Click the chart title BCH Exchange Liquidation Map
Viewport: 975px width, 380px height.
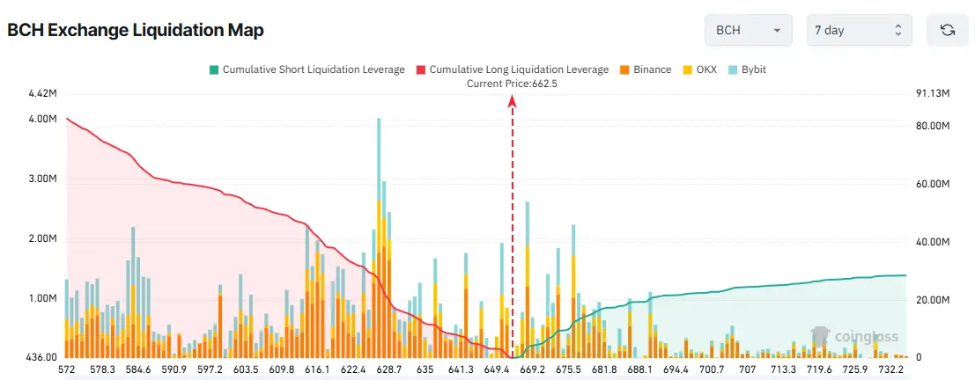point(136,30)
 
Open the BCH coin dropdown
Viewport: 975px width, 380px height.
point(748,30)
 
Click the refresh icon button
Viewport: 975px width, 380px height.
point(948,30)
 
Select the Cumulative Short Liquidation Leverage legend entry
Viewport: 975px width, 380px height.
point(307,69)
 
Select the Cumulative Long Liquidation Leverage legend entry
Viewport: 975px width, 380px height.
point(511,69)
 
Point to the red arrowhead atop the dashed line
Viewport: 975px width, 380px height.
point(512,101)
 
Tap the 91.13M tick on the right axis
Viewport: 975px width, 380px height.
point(933,93)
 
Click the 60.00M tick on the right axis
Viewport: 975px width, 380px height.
point(933,185)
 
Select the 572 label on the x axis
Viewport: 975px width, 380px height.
point(67,370)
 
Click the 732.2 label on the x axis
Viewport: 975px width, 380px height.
point(891,370)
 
